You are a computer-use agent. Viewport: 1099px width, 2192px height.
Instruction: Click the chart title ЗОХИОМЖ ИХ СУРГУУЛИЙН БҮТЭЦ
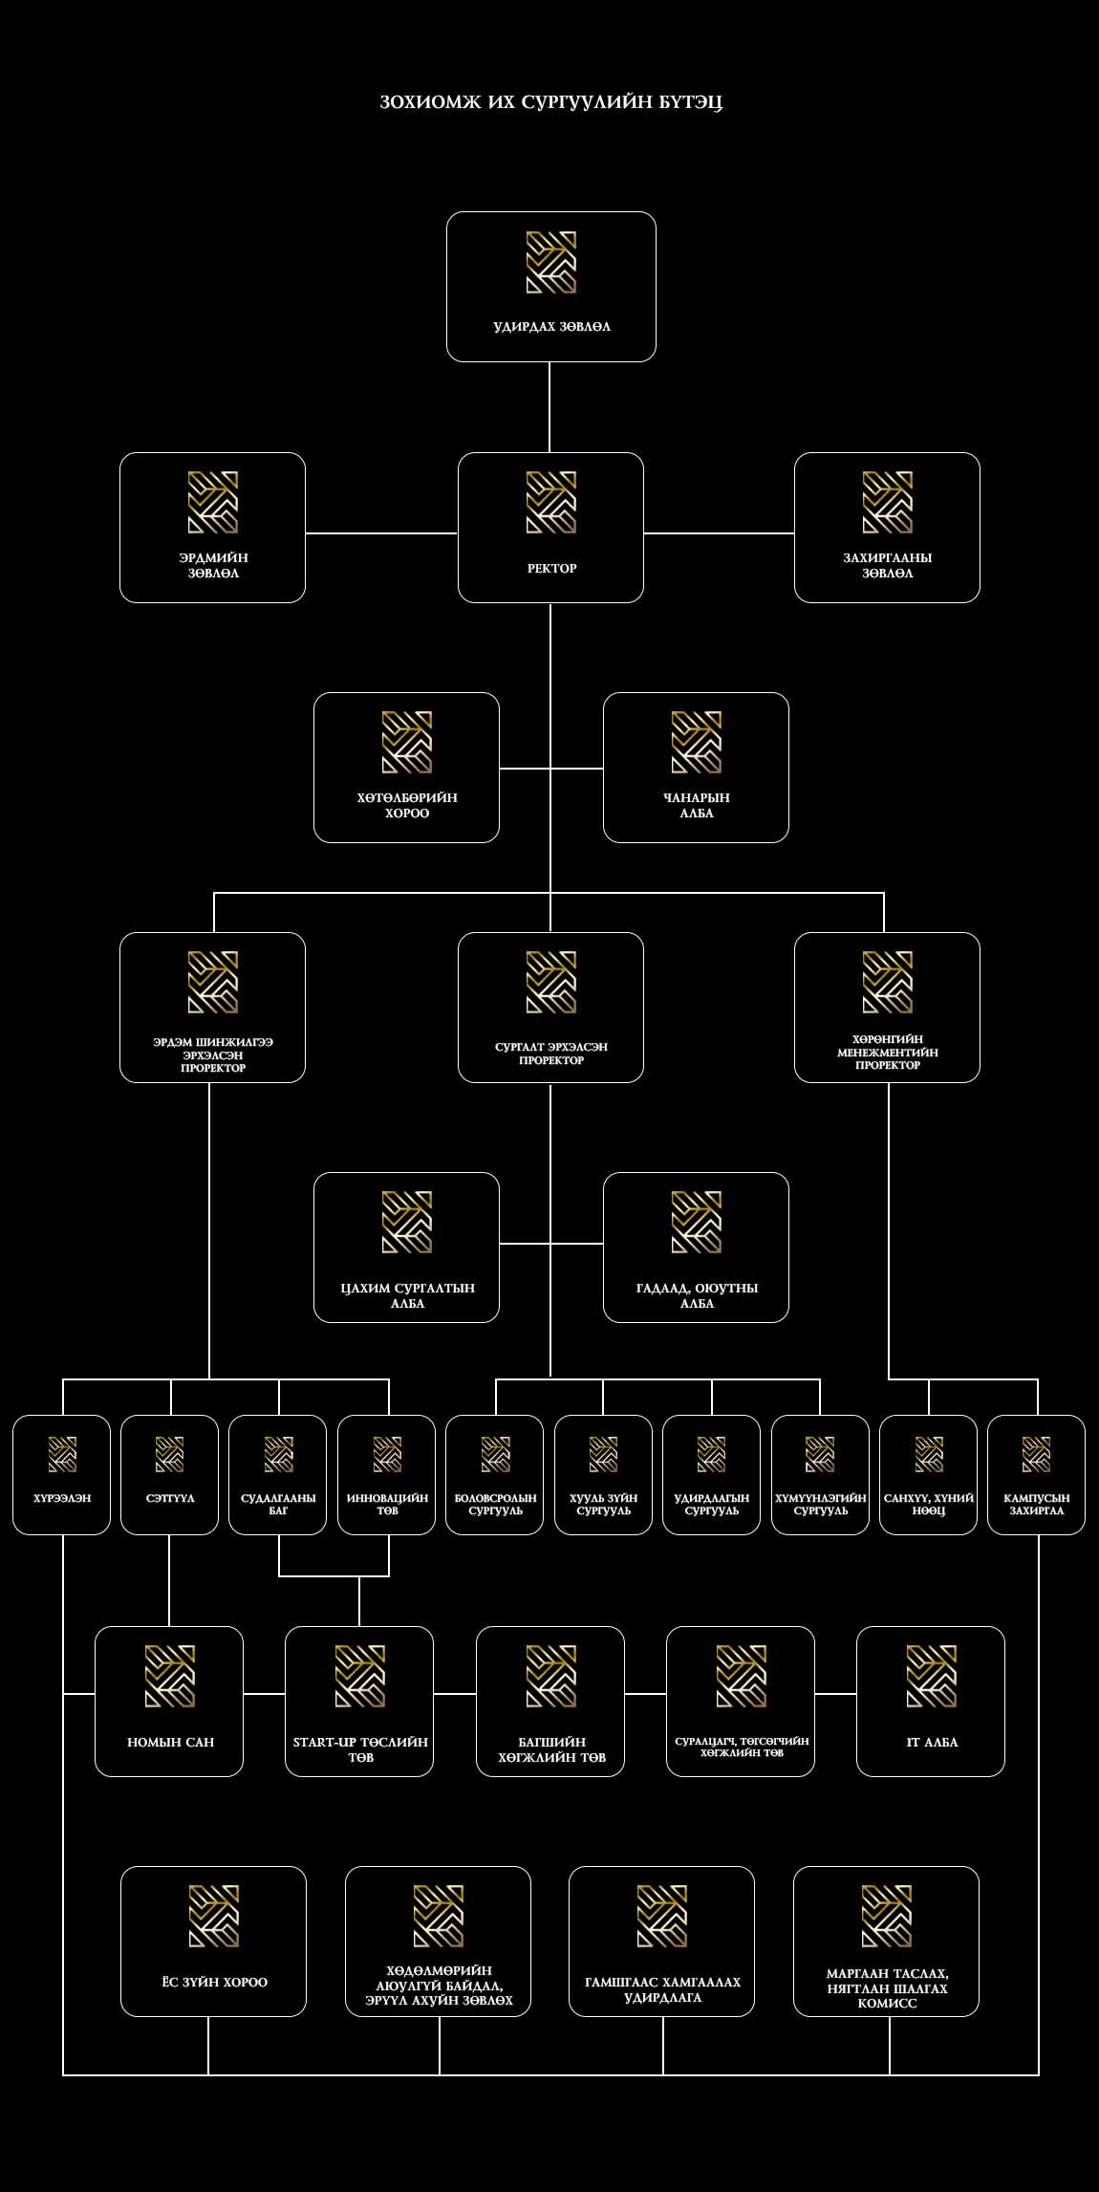pos(550,102)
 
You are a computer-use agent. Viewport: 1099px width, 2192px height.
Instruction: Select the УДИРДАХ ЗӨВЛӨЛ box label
pos(551,327)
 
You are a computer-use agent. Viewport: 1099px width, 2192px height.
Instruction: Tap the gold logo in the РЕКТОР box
pos(551,502)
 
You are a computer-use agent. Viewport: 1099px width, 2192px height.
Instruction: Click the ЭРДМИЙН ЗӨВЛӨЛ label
pos(213,566)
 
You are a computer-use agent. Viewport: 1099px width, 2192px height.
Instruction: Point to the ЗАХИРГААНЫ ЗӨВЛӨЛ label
pos(887,566)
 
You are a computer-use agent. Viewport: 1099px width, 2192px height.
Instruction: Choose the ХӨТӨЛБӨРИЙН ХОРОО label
pos(407,806)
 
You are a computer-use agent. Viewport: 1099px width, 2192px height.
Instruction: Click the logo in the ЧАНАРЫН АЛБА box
pos(696,742)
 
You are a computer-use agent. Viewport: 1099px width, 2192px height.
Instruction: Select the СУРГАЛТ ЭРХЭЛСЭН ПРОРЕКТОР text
pos(551,1053)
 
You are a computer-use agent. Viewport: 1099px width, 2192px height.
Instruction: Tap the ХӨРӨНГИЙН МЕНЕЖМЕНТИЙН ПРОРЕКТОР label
pos(887,1052)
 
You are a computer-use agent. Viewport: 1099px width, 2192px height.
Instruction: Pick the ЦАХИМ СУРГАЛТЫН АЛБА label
pos(407,1295)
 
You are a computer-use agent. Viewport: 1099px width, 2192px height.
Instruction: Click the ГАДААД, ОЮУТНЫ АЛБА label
pos(697,1295)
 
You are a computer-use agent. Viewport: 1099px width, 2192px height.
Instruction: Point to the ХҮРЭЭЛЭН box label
pos(62,1498)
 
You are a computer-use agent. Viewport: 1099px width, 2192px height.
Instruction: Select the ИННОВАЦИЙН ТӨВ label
pos(387,1504)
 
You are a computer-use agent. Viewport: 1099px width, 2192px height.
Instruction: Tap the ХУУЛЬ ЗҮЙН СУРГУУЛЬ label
pos(603,1504)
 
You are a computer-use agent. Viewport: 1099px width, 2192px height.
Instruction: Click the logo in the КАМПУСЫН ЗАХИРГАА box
pos(1036,1454)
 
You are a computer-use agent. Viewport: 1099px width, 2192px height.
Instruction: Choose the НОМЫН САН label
pos(170,1742)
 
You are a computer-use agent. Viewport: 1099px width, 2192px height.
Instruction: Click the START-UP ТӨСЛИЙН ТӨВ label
pos(360,1749)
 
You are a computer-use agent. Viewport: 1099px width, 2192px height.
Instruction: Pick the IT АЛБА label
pos(932,1742)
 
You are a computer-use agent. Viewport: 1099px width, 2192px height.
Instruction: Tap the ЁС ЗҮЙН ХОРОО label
pos(214,1982)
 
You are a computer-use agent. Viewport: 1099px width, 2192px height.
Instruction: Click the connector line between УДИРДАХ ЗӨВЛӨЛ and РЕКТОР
pos(549,407)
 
